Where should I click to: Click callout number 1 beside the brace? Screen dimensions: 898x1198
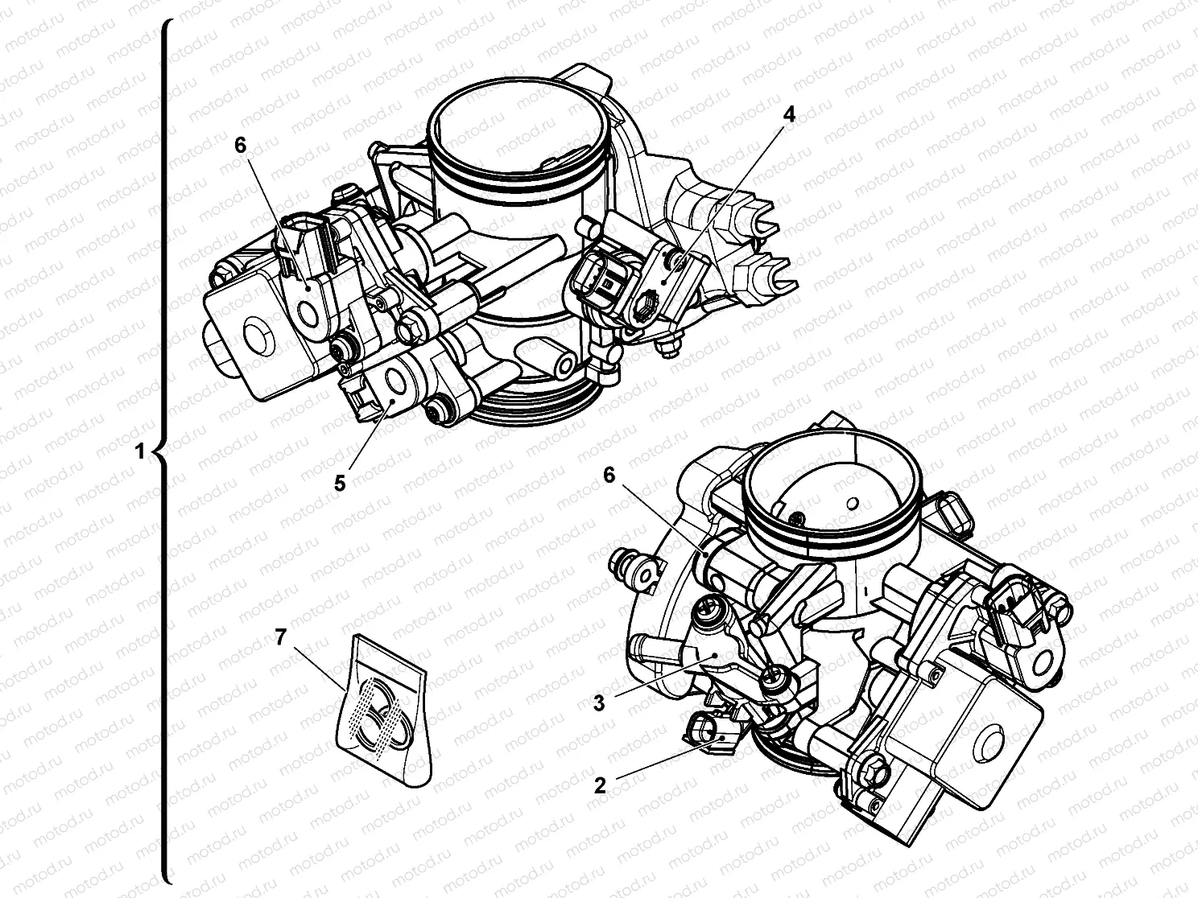click(139, 451)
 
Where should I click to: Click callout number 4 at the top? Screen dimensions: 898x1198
click(788, 115)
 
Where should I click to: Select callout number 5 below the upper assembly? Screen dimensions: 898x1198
click(339, 483)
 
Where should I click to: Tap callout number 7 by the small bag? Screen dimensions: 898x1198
click(280, 637)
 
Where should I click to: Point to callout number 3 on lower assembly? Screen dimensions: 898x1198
click(598, 702)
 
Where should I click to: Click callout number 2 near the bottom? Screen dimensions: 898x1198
click(599, 785)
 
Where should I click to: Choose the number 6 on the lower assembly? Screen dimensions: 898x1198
click(609, 475)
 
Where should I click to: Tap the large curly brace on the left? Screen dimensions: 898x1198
click(164, 451)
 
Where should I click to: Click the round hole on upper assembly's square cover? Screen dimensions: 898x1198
click(257, 337)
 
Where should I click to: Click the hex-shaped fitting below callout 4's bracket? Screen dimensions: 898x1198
click(645, 309)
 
